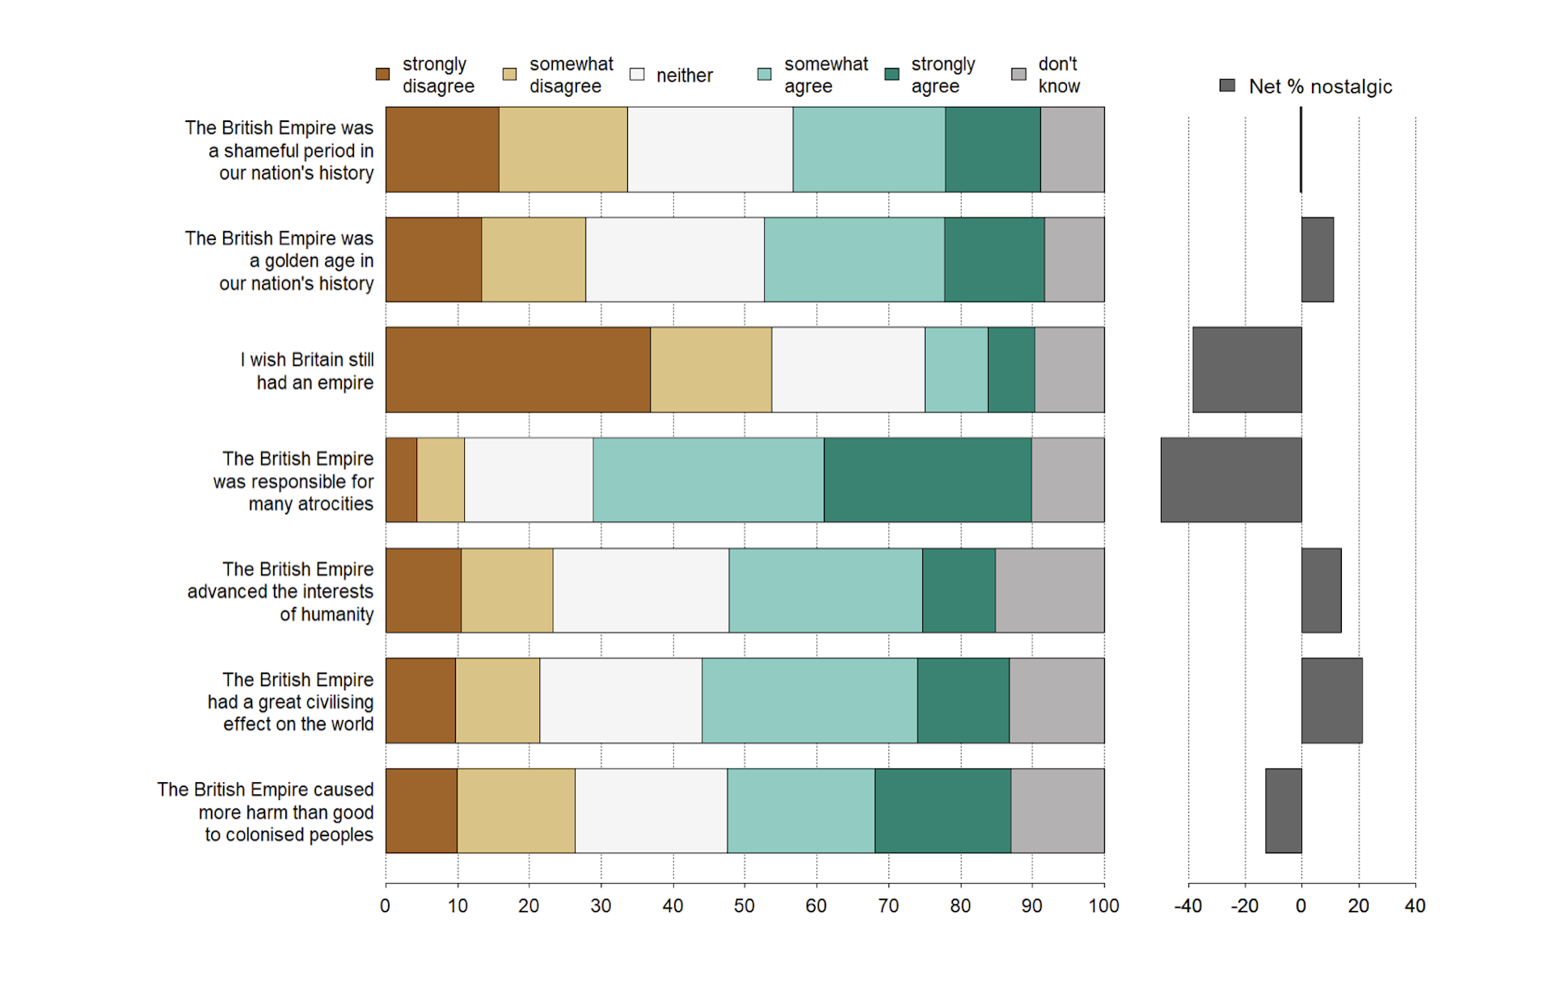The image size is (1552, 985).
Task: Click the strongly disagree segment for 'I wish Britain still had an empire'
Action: point(517,370)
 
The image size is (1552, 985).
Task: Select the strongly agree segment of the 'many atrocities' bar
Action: point(927,480)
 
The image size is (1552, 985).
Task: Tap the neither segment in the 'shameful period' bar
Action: point(710,149)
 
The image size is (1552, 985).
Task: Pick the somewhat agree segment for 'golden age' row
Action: point(854,259)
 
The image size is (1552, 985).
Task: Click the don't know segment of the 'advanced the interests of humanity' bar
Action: point(1049,591)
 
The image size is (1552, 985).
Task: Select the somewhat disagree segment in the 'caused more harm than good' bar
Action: point(516,810)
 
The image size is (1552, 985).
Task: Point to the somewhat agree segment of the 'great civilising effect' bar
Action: point(809,701)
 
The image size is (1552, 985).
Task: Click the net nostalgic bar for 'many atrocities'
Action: point(1230,480)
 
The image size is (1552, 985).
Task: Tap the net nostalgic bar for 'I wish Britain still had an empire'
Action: point(1246,370)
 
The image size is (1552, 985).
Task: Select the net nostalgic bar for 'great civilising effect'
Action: point(1331,701)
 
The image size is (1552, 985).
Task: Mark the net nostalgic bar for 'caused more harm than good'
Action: point(1283,810)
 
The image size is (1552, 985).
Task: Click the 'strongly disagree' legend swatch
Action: point(383,74)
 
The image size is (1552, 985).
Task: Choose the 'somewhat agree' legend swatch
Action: point(764,74)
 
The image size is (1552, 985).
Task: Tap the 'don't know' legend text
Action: point(1059,75)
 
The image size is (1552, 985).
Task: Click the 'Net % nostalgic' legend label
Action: point(1320,86)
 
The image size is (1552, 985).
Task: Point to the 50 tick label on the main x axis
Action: point(744,906)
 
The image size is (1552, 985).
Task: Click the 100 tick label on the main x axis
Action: point(1103,906)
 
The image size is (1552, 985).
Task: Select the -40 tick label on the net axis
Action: point(1187,906)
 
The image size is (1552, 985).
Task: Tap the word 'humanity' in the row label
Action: point(327,615)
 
